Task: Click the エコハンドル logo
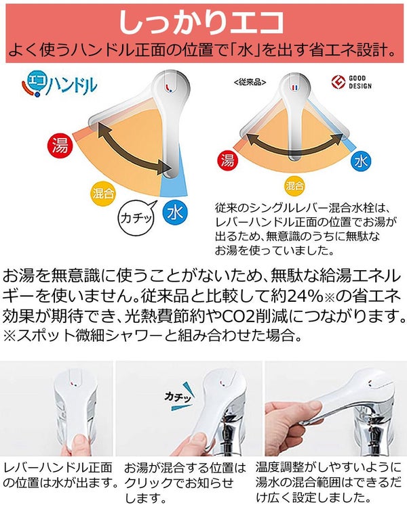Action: click(x=60, y=84)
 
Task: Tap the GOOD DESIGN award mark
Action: click(x=351, y=82)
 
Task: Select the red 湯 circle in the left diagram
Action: click(x=60, y=146)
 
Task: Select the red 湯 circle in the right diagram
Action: click(x=228, y=160)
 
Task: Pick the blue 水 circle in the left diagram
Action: click(x=175, y=213)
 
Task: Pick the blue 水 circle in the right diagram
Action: click(x=361, y=161)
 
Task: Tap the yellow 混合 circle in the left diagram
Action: click(x=103, y=194)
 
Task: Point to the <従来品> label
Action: click(x=250, y=82)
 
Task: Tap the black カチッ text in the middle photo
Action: click(x=178, y=397)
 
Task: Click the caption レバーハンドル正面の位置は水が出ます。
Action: click(x=60, y=475)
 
